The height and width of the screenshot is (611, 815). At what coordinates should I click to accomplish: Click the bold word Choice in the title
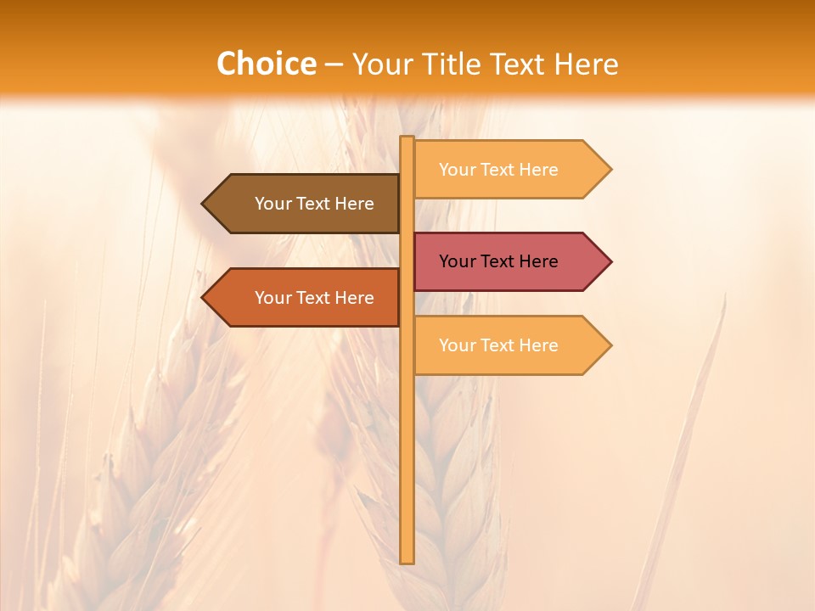[x=266, y=64]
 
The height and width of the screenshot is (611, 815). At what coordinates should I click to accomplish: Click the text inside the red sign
[x=498, y=261]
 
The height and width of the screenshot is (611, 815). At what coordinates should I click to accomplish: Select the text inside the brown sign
[x=314, y=204]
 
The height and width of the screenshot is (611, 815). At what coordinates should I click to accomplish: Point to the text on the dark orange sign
[x=314, y=298]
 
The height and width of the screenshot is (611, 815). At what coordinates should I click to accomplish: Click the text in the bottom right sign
[x=498, y=345]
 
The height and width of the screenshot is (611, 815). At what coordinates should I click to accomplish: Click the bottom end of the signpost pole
[x=407, y=560]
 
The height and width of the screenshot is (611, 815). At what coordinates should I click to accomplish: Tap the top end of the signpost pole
[x=407, y=139]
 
